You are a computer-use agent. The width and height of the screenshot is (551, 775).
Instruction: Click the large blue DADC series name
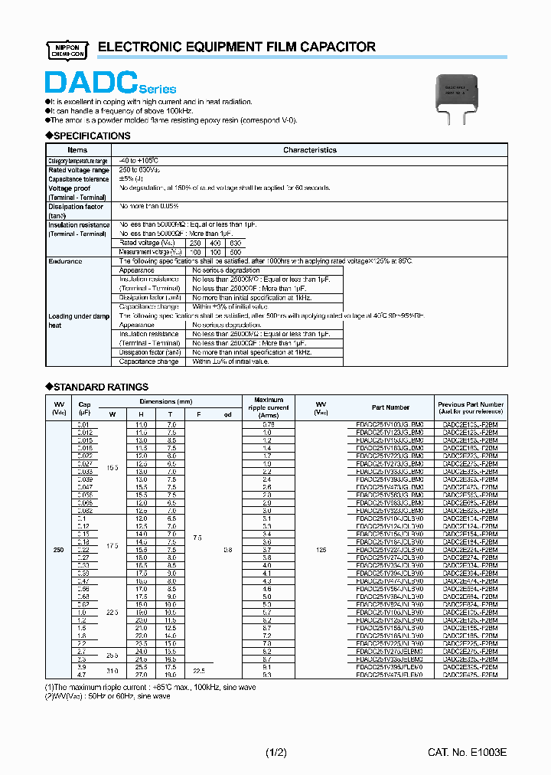[x=92, y=83]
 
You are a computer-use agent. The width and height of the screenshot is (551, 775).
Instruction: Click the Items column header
[x=77, y=150]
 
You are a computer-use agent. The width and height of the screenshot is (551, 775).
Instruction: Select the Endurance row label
[x=65, y=261]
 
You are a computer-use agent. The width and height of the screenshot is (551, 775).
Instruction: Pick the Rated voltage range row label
[x=79, y=170]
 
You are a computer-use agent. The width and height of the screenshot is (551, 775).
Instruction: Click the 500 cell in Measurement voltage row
[x=235, y=252]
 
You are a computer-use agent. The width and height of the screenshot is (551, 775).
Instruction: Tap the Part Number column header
[x=391, y=407]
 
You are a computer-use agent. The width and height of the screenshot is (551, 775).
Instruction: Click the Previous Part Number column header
[x=470, y=407]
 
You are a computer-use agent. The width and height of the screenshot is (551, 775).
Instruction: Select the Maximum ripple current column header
[x=268, y=407]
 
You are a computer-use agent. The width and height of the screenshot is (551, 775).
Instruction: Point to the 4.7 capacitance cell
[x=83, y=675]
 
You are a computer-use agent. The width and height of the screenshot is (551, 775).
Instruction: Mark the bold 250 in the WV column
[x=57, y=549]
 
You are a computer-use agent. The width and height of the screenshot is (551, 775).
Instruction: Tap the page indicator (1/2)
[x=275, y=754]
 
